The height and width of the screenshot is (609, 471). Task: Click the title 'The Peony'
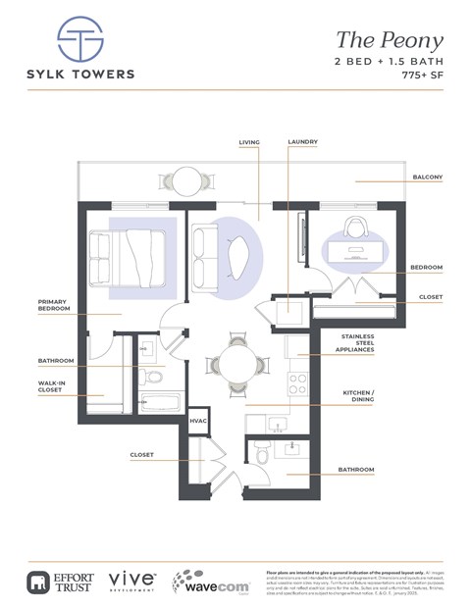[x=390, y=40]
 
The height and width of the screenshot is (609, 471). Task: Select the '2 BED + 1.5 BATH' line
[x=390, y=62]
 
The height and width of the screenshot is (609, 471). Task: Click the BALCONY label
[x=427, y=178]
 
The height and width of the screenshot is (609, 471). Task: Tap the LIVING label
[x=249, y=142]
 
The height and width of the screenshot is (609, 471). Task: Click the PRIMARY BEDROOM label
[x=54, y=305]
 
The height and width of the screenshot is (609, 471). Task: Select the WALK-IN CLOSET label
[x=50, y=386]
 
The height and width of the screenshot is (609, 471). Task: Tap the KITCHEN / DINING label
[x=359, y=396]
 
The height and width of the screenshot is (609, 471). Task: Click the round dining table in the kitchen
[x=236, y=364]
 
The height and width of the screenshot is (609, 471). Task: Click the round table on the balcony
[x=186, y=179]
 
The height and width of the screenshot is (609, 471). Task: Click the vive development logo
[x=130, y=581]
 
